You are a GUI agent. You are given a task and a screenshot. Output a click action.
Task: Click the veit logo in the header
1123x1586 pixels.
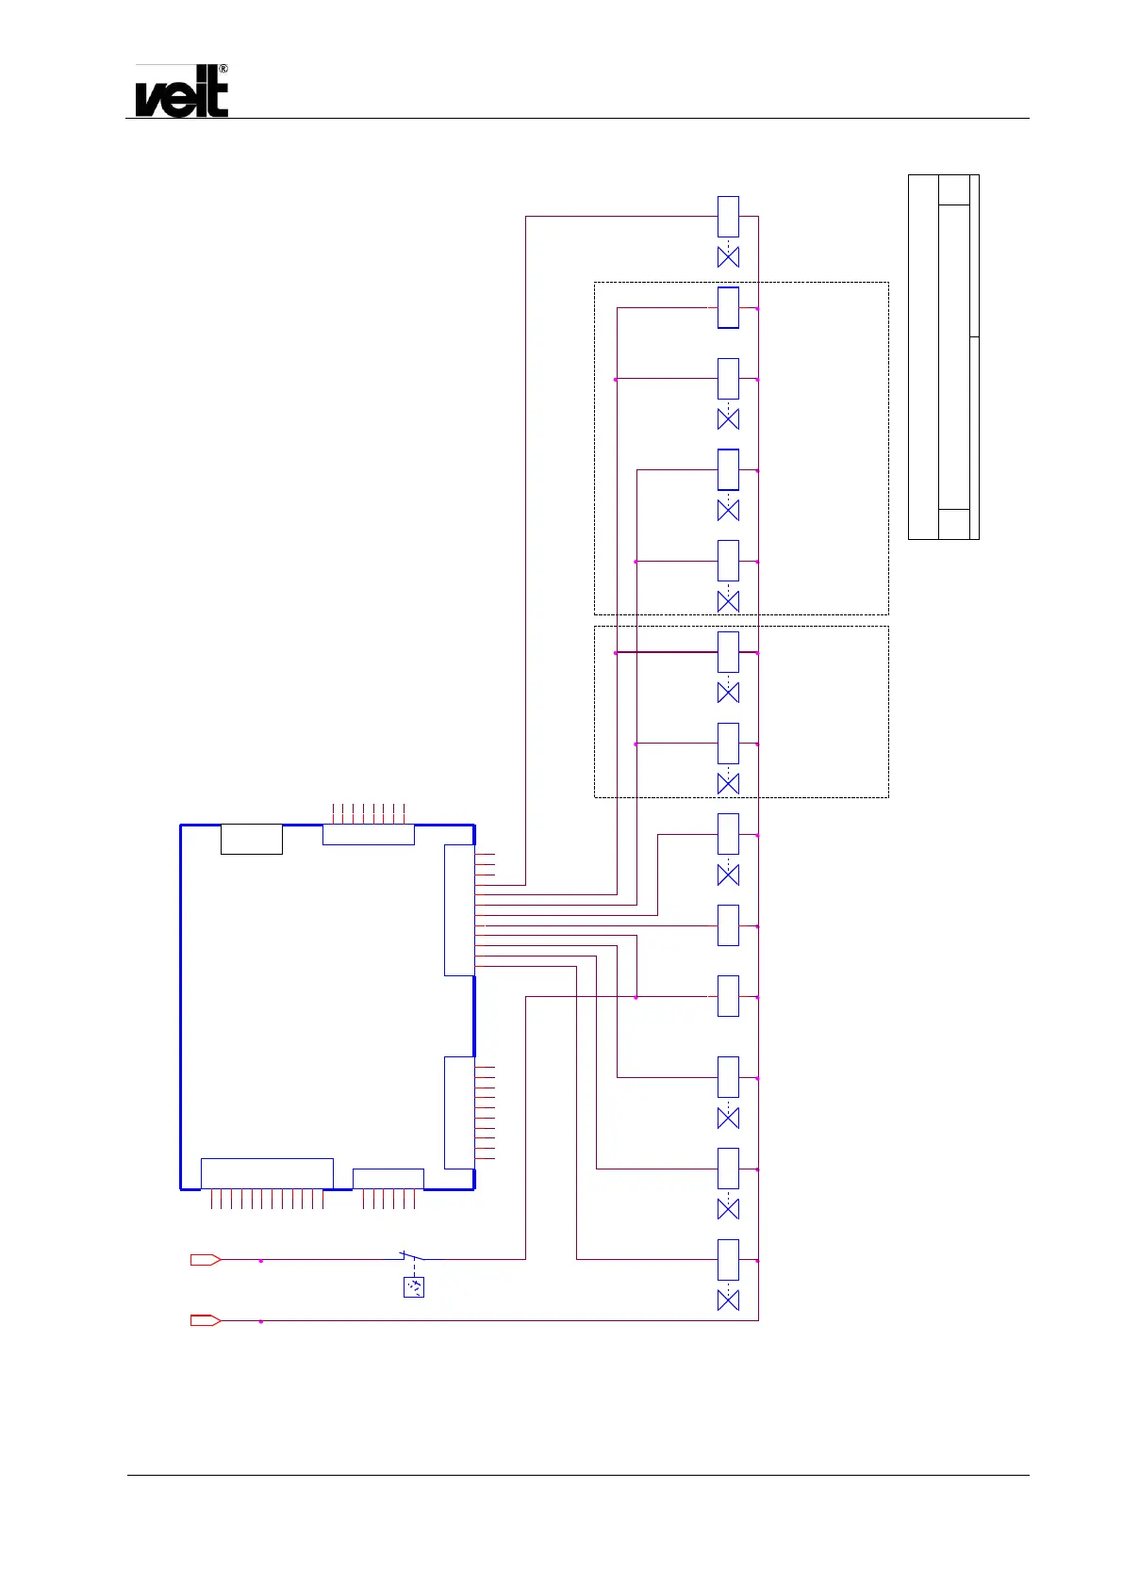pos(181,95)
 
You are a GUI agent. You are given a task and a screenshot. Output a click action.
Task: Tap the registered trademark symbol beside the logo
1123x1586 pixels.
pos(223,70)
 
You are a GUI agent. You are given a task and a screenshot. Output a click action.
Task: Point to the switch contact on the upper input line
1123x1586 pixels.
pos(412,1256)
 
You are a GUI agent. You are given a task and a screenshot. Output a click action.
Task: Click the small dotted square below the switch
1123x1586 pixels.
pos(414,1286)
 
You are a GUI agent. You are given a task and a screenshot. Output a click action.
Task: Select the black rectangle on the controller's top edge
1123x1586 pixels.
pos(251,839)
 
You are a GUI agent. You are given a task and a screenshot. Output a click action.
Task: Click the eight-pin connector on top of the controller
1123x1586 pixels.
pos(369,834)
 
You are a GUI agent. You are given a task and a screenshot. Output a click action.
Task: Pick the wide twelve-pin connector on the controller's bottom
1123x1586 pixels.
pos(267,1173)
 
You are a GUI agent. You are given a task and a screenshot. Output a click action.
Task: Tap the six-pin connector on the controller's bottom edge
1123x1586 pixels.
pos(388,1179)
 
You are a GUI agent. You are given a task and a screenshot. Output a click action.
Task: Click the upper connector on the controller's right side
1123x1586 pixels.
pos(459,909)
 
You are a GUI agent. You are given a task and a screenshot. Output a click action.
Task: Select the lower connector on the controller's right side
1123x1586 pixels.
pos(459,1112)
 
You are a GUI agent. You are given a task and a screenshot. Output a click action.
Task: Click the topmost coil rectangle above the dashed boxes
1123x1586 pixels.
pos(728,217)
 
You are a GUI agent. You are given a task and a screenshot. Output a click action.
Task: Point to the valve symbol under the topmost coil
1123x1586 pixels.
pos(728,256)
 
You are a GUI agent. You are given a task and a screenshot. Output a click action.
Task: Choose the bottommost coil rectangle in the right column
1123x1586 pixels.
pos(728,1259)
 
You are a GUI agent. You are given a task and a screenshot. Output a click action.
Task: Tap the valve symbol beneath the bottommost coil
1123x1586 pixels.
pos(728,1300)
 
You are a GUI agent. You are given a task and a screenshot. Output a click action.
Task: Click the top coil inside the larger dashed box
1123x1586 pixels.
pos(728,307)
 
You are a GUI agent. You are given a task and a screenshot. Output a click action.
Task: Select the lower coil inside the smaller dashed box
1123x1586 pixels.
pos(728,744)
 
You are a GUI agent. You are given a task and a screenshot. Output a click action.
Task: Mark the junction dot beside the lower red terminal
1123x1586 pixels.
pos(261,1321)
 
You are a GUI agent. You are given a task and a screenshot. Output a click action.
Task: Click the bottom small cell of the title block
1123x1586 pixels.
pos(954,524)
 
